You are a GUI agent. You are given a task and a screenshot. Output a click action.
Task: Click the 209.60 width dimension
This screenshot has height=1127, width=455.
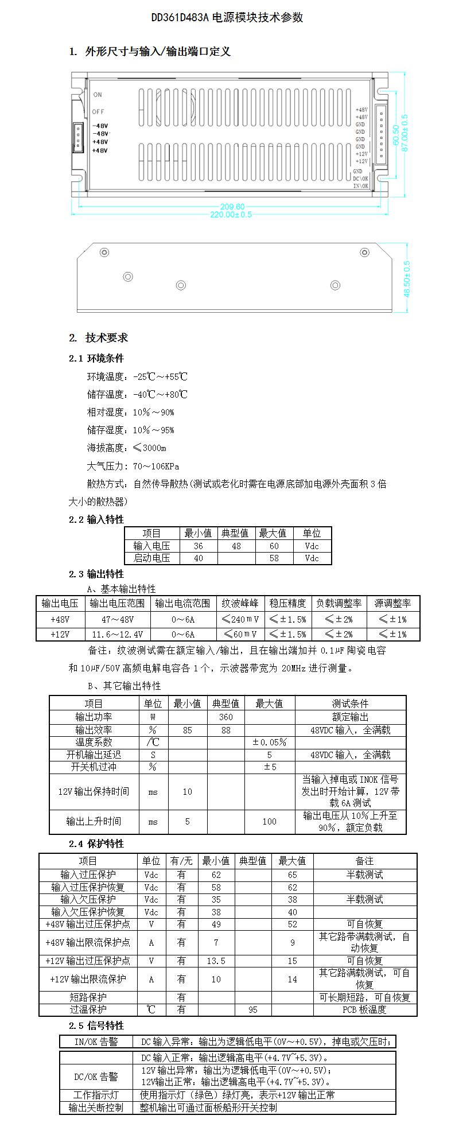click(232, 207)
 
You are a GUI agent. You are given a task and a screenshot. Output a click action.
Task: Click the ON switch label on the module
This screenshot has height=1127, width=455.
click(98, 95)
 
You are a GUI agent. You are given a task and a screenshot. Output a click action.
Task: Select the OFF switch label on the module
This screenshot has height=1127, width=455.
click(98, 112)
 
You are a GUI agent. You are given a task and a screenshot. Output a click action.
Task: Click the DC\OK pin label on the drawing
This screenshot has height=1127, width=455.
click(361, 178)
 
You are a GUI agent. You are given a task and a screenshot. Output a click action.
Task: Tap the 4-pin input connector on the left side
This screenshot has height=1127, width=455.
click(77, 138)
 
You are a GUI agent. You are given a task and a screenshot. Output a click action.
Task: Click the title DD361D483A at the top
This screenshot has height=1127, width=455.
click(227, 18)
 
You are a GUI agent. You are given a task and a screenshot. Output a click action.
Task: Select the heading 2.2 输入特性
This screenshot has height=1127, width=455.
click(96, 519)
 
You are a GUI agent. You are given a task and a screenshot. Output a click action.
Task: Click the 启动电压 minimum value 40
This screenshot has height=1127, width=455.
click(199, 558)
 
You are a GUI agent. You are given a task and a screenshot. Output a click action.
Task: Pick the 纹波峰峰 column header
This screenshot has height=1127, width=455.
click(240, 603)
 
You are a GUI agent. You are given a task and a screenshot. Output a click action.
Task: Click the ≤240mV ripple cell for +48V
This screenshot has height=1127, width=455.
click(240, 620)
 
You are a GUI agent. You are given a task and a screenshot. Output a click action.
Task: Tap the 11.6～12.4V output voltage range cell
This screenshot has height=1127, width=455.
click(118, 634)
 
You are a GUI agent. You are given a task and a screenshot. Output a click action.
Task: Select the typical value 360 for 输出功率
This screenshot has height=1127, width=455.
click(225, 717)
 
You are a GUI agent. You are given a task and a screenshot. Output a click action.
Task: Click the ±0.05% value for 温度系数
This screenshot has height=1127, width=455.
click(269, 742)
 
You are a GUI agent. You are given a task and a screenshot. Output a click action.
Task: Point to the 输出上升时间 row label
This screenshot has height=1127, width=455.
click(94, 822)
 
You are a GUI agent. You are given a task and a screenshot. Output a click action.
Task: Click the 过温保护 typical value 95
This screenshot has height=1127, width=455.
click(252, 1009)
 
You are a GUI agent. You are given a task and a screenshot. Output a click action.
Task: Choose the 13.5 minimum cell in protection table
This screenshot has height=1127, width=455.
click(216, 961)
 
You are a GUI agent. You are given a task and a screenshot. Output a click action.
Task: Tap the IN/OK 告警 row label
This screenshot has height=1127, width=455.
click(96, 1041)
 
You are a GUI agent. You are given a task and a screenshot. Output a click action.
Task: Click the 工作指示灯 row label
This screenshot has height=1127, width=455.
click(96, 1095)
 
